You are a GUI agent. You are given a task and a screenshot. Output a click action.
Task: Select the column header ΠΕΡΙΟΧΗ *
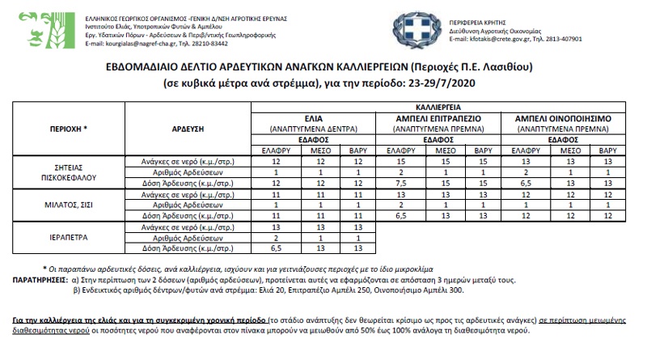click(x=63, y=129)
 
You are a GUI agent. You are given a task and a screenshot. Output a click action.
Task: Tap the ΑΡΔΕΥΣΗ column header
click(x=188, y=129)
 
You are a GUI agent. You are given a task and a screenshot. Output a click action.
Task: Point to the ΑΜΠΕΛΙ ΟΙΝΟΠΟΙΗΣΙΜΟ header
click(x=563, y=117)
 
